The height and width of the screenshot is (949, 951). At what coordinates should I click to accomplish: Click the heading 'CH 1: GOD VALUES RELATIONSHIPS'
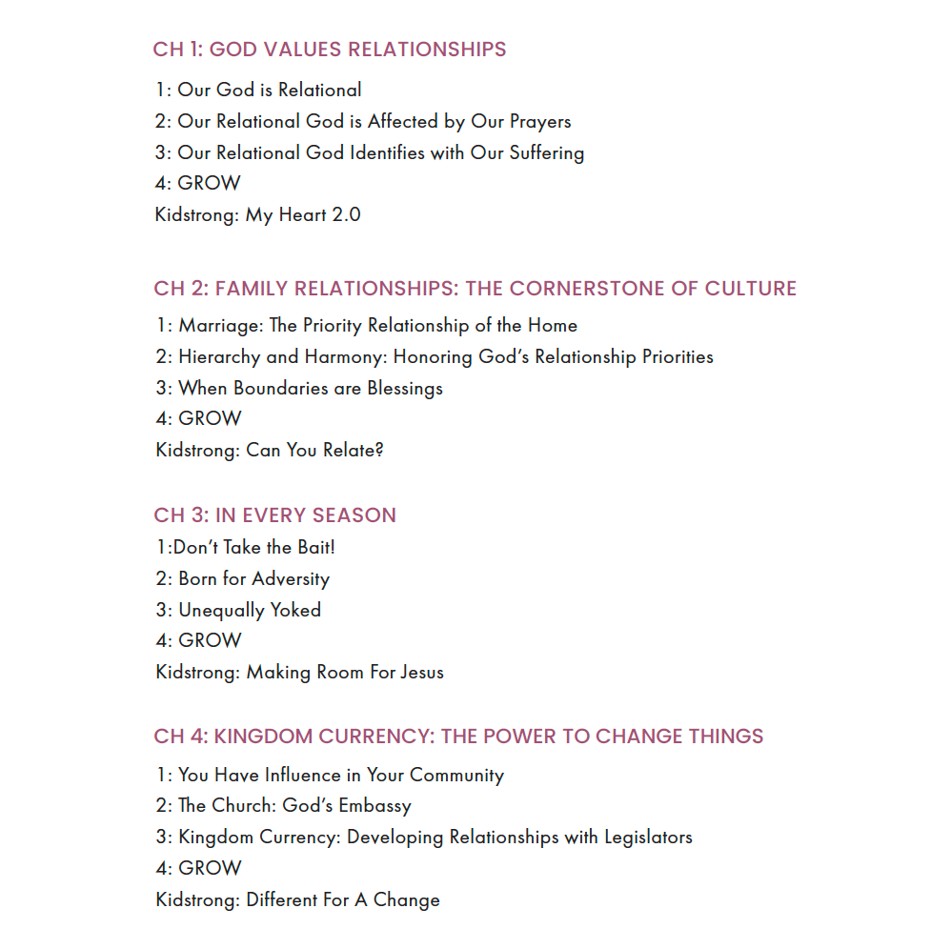point(330,50)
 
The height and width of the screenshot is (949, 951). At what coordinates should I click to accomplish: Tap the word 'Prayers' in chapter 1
point(539,122)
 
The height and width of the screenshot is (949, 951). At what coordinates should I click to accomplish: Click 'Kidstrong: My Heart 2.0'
point(257,214)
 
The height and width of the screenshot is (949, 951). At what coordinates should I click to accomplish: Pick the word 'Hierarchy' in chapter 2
point(218,357)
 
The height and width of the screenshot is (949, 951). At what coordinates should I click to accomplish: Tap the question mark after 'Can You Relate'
point(379,450)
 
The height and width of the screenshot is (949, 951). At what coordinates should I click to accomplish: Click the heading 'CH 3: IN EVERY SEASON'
point(274,515)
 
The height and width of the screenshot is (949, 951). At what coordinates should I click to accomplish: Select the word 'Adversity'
point(291,579)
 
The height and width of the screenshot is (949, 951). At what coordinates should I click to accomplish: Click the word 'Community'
point(456,776)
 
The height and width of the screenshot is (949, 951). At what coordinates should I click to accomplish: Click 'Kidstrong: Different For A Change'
point(297,899)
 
